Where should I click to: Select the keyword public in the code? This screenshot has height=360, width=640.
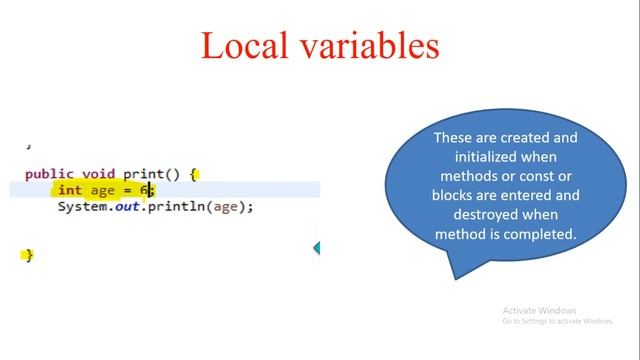pos(47,173)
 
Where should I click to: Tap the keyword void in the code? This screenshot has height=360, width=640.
pos(97,173)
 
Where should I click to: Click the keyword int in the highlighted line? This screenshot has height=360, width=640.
pos(70,190)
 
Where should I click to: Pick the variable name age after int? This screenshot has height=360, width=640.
pos(103,190)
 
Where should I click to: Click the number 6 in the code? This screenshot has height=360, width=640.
pos(144,190)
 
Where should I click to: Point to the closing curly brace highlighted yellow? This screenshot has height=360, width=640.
pos(29,255)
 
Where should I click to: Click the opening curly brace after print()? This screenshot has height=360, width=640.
pos(194,173)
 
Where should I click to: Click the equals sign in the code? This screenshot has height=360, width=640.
pos(128,190)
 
